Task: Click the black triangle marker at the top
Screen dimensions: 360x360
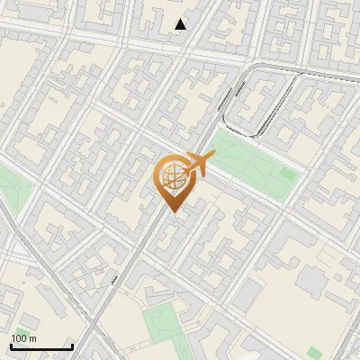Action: click(x=181, y=24)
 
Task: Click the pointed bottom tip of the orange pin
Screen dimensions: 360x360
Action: click(x=170, y=211)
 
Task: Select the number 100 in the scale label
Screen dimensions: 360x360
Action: click(x=18, y=338)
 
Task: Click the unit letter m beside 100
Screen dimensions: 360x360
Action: click(x=32, y=338)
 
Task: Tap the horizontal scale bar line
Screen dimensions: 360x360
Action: click(x=41, y=346)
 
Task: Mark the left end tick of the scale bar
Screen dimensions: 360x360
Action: click(x=11, y=345)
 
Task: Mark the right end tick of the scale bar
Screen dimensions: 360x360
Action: click(x=72, y=345)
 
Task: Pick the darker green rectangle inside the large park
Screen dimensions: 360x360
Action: click(x=287, y=173)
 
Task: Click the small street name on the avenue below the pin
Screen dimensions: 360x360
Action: click(x=116, y=282)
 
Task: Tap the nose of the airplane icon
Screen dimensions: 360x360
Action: click(x=214, y=157)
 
